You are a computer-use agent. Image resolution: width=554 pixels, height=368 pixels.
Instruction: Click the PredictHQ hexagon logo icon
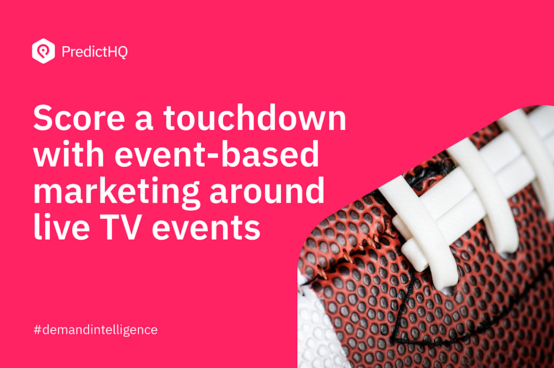43,51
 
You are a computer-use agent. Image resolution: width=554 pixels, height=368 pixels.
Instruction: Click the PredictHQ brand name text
94,51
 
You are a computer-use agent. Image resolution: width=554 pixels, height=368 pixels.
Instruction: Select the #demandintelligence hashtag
95,330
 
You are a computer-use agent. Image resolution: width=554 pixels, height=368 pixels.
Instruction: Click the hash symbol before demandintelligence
37,330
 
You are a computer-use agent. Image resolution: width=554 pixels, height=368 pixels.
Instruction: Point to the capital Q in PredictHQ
122,52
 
